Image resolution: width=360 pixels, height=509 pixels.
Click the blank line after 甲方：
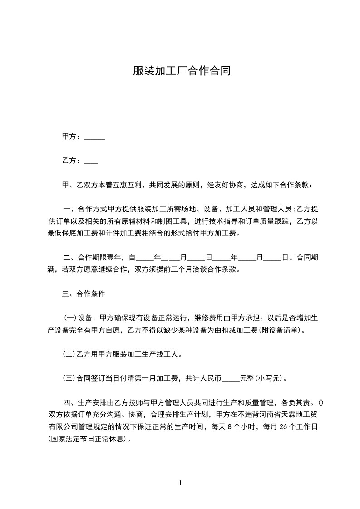(x=94, y=137)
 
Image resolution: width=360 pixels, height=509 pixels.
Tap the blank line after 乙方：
(x=91, y=161)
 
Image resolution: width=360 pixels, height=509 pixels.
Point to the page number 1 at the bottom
(x=180, y=483)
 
